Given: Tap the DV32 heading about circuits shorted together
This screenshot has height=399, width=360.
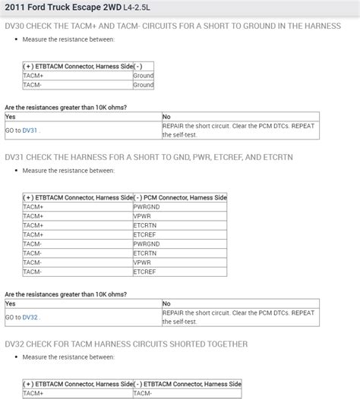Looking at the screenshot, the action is [x=126, y=344].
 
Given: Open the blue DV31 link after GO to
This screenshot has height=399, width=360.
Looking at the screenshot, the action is [x=30, y=130].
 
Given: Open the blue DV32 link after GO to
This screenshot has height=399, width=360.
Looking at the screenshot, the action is [x=30, y=317].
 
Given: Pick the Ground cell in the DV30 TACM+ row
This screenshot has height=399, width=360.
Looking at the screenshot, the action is [x=143, y=76].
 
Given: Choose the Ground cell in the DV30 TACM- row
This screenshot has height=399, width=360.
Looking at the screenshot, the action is [x=143, y=85].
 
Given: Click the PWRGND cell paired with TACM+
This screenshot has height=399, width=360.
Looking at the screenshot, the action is [x=146, y=206].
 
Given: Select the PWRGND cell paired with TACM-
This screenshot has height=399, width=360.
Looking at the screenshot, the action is [x=146, y=244].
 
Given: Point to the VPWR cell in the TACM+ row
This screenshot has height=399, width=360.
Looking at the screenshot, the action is [x=141, y=215].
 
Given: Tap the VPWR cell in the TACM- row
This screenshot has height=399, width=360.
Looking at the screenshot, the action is [x=141, y=262].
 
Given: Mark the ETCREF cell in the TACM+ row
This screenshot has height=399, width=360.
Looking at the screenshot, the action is [x=144, y=234].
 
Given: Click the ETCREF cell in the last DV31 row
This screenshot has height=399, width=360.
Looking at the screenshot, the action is [x=144, y=272].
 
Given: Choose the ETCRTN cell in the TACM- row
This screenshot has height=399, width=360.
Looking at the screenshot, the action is [x=144, y=253].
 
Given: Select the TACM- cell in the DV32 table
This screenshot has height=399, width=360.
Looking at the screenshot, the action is [x=143, y=393].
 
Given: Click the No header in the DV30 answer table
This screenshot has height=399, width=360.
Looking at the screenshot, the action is [x=167, y=117].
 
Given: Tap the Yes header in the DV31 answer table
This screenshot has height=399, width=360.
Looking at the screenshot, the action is [x=11, y=303].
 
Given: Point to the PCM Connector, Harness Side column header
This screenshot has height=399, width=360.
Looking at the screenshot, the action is [x=180, y=197].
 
